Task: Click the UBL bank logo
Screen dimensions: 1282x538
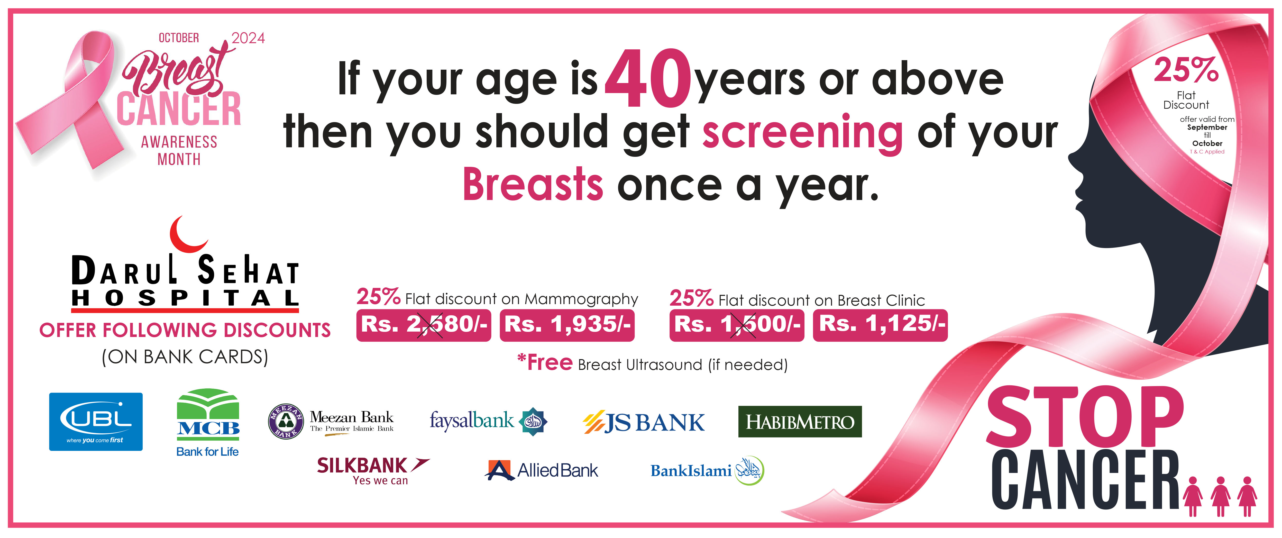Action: click(96, 422)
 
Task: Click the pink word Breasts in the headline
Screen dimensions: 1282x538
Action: click(533, 184)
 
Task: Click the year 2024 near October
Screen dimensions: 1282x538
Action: click(248, 38)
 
